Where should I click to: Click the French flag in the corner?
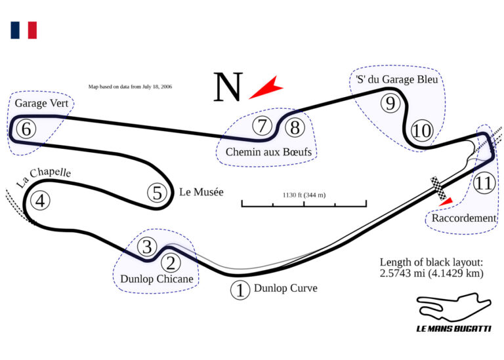[x=24, y=30]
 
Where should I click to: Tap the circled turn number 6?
[x=26, y=129]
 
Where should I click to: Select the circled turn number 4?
[x=41, y=201]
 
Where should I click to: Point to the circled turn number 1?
[x=240, y=290]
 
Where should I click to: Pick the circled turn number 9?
[x=390, y=103]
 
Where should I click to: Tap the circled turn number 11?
[x=484, y=184]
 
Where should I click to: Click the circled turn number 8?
[x=295, y=127]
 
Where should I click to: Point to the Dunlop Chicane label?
[x=156, y=279]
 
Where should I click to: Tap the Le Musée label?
[x=201, y=192]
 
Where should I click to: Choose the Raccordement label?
[x=464, y=218]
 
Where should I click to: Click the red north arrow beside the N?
[x=266, y=87]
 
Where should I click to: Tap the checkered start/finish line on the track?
[x=438, y=188]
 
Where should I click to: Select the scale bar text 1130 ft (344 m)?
[x=304, y=195]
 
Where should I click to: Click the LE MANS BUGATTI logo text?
[x=453, y=328]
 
